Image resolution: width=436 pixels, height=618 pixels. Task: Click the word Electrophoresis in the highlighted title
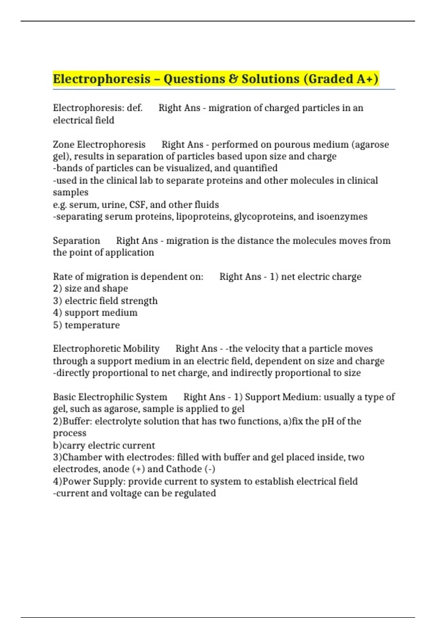102,79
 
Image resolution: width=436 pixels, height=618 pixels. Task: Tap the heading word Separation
76,241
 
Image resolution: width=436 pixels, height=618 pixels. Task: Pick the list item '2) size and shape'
90,289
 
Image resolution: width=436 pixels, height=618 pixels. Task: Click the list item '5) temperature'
86,325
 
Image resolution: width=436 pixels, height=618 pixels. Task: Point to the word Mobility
141,349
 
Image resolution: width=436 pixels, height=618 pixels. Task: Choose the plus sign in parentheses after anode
139,469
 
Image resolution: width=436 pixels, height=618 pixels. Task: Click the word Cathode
184,469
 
